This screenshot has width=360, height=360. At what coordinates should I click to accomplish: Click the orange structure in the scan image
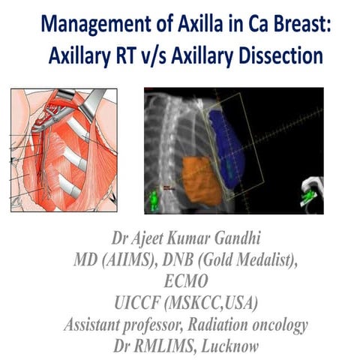[x=201, y=179]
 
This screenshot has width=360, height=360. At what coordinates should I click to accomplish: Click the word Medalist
[x=266, y=259]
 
